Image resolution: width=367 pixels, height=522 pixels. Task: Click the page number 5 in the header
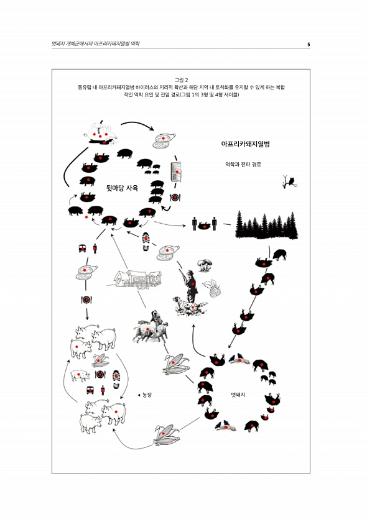click(x=309, y=44)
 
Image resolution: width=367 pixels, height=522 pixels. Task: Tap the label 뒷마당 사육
click(x=122, y=188)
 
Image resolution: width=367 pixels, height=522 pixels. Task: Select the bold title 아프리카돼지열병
click(x=245, y=144)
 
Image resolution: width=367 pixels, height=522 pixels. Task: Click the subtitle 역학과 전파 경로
click(x=243, y=165)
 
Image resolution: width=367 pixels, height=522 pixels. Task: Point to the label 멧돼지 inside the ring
click(x=238, y=395)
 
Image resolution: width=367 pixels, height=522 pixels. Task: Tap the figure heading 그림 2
click(x=182, y=80)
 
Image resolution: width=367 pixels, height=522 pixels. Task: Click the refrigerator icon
click(x=176, y=172)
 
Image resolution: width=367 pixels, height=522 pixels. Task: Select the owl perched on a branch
click(x=289, y=181)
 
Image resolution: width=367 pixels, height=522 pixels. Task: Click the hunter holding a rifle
click(x=190, y=285)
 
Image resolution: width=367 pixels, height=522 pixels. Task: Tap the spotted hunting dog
click(x=189, y=306)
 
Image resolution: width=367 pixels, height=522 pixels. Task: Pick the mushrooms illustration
click(x=205, y=265)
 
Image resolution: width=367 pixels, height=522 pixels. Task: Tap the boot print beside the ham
click(x=146, y=241)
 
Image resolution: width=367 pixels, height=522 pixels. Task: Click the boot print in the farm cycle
click(x=116, y=379)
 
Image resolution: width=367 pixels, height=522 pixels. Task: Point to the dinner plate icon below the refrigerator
click(x=175, y=198)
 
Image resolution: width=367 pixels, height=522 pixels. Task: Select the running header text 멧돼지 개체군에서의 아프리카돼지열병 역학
click(x=96, y=43)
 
